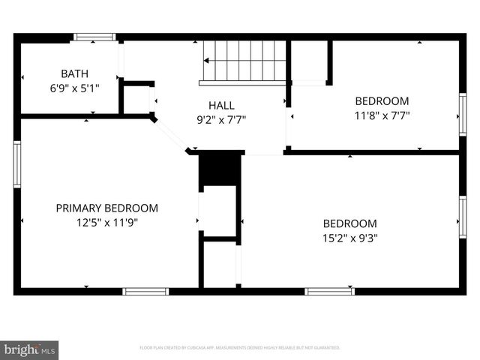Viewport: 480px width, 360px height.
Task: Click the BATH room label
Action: [74, 73]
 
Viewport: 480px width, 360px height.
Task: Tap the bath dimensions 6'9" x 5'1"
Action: [74, 87]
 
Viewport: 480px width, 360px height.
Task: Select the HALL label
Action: [220, 106]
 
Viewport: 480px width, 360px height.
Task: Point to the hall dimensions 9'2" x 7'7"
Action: [220, 118]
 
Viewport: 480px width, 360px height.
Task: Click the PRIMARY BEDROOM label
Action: [107, 208]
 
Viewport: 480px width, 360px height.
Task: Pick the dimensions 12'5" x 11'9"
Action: [107, 222]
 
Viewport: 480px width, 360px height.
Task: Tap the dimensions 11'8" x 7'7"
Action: [382, 115]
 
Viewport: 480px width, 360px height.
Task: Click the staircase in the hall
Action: [244, 61]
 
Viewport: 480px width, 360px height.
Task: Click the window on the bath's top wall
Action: [95, 36]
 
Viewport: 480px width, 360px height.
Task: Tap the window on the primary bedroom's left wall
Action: [16, 163]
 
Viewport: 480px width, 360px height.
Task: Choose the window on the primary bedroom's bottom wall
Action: [145, 291]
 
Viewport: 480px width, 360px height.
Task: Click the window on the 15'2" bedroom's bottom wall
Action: [329, 291]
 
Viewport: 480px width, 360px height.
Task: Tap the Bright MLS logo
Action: [30, 349]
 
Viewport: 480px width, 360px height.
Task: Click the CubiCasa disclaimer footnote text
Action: [240, 348]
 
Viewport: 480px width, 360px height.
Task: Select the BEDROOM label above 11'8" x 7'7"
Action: [382, 101]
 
